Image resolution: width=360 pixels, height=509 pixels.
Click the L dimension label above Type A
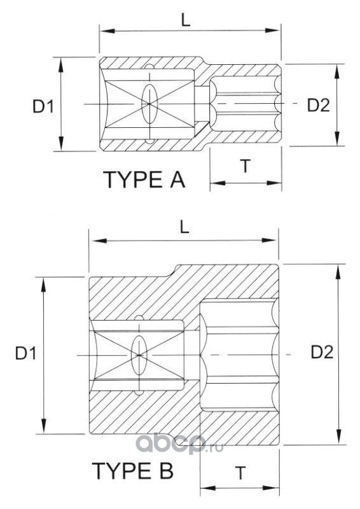(186, 21)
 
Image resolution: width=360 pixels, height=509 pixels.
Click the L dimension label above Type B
(184, 228)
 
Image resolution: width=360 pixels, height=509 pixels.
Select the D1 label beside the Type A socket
(43, 106)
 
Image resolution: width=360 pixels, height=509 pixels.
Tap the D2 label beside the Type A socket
(318, 105)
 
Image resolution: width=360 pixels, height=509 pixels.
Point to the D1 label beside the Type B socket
(26, 354)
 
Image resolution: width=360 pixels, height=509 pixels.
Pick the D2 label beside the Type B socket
(322, 352)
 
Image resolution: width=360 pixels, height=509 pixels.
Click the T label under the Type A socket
(246, 166)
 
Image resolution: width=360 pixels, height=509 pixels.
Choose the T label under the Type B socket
(240, 473)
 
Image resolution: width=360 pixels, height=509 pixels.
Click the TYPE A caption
(144, 180)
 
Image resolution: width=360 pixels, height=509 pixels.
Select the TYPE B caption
(133, 471)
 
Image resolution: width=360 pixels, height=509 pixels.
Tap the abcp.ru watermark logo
(179, 444)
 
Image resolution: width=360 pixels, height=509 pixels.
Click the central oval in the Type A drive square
(149, 104)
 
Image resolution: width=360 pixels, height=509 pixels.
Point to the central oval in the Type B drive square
(139, 356)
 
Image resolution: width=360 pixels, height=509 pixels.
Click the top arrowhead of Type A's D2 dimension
(337, 71)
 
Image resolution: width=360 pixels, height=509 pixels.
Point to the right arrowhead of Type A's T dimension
(274, 183)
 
